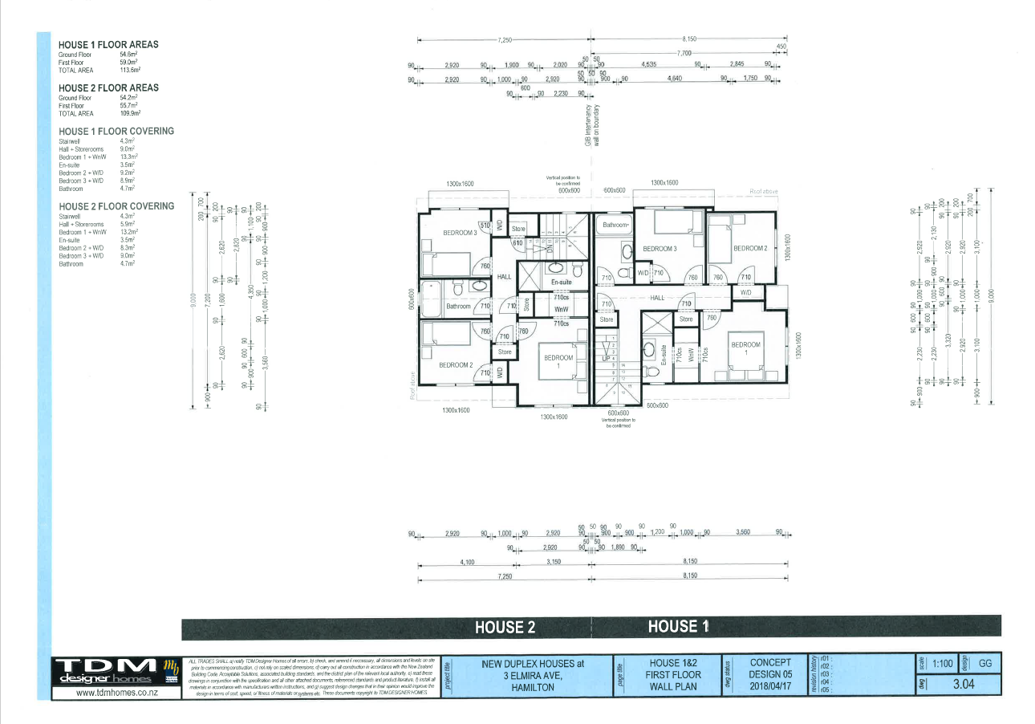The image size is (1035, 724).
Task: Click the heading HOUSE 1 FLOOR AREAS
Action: [108, 44]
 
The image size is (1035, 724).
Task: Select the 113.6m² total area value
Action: [129, 70]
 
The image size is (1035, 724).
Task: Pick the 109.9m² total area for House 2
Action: [129, 113]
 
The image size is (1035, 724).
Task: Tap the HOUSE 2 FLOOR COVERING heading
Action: [116, 206]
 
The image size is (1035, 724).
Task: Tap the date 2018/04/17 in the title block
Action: [770, 686]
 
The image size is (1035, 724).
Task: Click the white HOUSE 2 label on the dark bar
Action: [505, 628]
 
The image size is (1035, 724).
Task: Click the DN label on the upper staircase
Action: [549, 247]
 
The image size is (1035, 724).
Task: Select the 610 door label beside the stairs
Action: [517, 242]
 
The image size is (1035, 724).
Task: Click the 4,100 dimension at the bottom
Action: [468, 563]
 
